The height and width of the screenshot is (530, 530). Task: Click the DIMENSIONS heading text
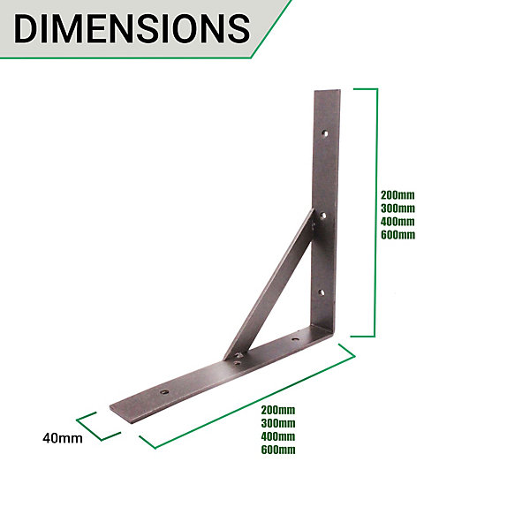[x=132, y=29]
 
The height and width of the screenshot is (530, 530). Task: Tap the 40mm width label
[x=63, y=438]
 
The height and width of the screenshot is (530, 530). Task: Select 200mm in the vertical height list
[x=397, y=195]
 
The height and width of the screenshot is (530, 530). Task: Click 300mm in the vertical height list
[x=397, y=208]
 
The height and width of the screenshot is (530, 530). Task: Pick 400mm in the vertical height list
[x=397, y=222]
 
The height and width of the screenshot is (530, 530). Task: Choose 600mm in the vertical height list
[x=397, y=235]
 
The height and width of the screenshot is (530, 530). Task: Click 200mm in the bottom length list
[x=278, y=410]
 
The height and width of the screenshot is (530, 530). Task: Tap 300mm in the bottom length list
[x=278, y=423]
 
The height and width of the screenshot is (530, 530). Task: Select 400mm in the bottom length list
[x=278, y=436]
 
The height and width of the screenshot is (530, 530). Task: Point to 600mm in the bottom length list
[x=278, y=450]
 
